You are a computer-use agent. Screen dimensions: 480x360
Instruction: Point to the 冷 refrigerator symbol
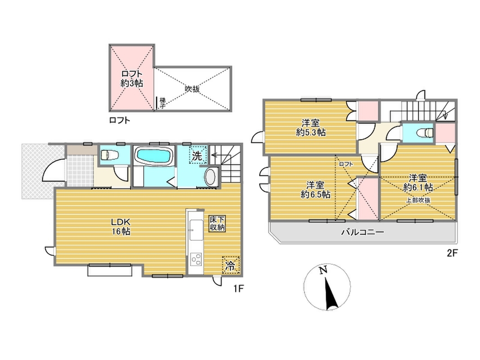point(230,265)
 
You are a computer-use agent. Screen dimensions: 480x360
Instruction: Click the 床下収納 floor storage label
point(217,224)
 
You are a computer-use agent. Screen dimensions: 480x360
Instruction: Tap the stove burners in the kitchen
point(196,259)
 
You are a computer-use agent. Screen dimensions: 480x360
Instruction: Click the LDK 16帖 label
point(121,226)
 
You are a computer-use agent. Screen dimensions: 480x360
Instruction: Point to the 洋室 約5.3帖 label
point(311,128)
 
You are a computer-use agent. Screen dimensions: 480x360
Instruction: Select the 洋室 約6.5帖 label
point(315,190)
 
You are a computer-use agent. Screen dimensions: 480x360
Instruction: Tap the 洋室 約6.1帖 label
point(418,183)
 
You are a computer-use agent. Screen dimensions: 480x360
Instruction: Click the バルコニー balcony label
point(363,232)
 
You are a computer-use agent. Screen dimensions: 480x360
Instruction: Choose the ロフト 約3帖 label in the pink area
point(132,79)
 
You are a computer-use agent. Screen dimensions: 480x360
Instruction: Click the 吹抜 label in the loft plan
point(193,89)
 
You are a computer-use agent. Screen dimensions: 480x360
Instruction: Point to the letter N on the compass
point(323,270)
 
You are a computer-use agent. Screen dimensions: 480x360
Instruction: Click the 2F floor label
point(452,253)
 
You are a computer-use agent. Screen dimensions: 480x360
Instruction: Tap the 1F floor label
point(238,288)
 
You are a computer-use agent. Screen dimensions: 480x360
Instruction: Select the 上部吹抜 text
point(418,201)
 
